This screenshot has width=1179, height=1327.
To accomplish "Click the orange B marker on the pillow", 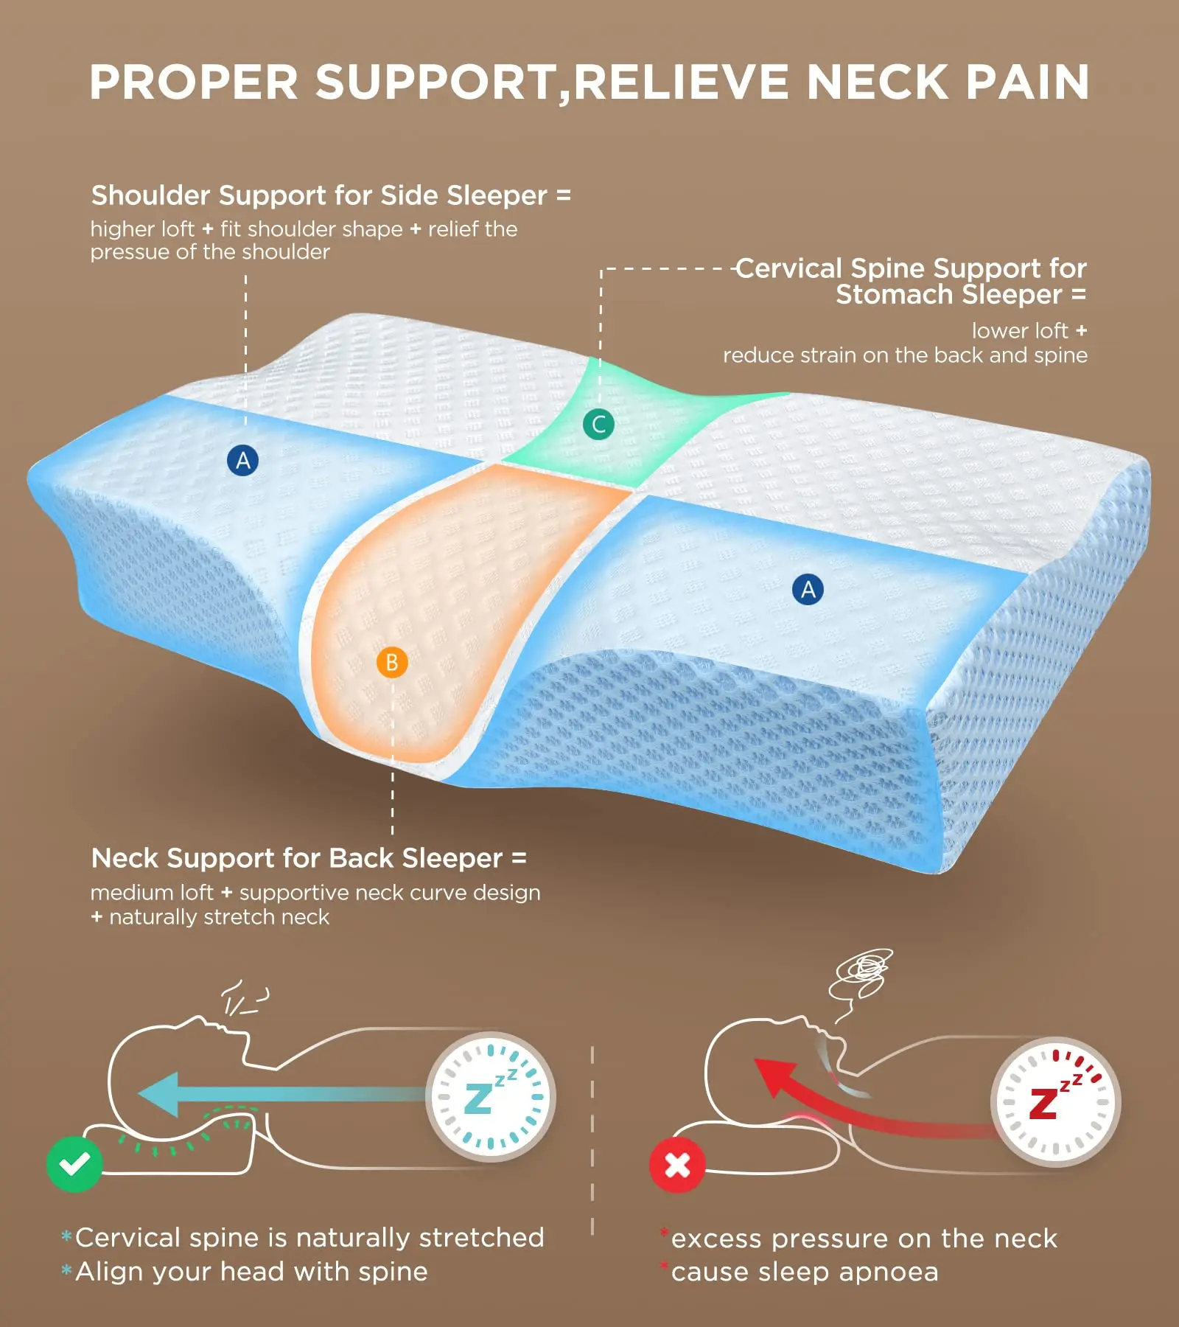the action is [392, 662].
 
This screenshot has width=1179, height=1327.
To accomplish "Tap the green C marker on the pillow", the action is [598, 424].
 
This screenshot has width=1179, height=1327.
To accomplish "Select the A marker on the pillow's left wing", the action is [242, 460].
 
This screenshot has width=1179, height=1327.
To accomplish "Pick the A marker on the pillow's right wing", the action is [808, 589].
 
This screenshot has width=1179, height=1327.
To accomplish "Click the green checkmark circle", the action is [74, 1164].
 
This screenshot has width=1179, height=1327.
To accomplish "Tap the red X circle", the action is [677, 1165].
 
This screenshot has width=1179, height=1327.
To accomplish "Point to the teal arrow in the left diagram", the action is [280, 1094].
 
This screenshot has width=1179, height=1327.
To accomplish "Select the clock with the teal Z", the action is [490, 1096].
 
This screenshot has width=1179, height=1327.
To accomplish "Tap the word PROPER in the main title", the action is [194, 82].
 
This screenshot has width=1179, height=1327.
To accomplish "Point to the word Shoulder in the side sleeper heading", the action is [151, 195].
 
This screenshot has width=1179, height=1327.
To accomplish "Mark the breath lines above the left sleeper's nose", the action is [243, 999].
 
